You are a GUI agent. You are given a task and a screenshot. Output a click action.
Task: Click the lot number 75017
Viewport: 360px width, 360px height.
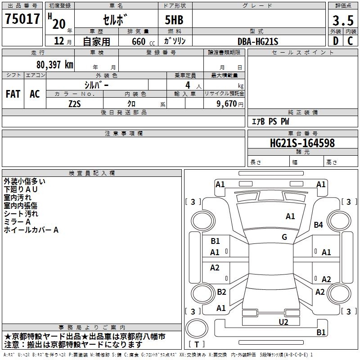tap(22, 19)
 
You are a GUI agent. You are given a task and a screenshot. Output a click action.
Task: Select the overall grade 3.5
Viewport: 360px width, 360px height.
tap(342, 20)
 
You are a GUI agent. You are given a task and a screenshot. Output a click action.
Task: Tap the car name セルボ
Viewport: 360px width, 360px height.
tap(115, 20)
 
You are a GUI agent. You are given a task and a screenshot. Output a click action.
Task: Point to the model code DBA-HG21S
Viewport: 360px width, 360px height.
tap(258, 41)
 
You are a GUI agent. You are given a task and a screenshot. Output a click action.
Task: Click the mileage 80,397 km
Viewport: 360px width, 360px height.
tap(54, 65)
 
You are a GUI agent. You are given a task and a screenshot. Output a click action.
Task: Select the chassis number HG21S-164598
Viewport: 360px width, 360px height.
tap(302, 143)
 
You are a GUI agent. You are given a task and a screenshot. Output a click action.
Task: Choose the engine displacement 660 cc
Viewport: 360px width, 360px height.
tap(135, 41)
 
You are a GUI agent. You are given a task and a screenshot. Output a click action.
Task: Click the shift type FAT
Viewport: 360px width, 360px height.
tap(13, 94)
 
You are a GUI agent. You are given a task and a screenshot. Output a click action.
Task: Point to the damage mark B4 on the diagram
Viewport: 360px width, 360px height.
tap(319, 225)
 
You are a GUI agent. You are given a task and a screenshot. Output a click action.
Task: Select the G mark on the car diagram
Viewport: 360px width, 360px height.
tap(284, 237)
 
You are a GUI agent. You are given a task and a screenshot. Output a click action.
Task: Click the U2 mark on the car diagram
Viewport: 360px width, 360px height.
tap(283, 321)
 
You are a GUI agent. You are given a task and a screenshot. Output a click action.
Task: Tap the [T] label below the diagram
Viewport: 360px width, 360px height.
tap(197, 344)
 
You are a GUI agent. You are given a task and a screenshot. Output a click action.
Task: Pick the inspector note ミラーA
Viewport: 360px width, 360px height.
tap(17, 222)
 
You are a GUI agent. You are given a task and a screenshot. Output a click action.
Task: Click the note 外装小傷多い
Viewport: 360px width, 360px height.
tap(24, 181)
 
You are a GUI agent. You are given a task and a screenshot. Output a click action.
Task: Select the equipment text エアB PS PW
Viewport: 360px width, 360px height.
tap(270, 121)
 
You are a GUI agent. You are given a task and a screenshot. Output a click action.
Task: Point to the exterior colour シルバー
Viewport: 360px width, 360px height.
tap(96, 85)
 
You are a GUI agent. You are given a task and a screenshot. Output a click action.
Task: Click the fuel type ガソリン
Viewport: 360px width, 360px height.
tap(175, 41)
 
